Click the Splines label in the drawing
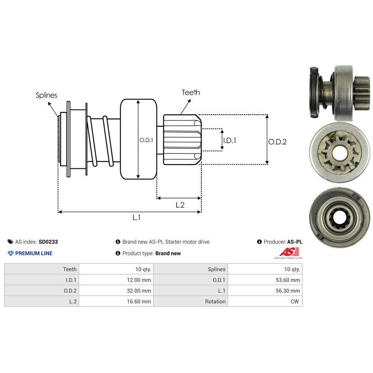47,95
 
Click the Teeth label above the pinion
191,92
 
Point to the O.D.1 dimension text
146,139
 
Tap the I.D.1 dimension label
230,139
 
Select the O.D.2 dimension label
277,142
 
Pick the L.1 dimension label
137,217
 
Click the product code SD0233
48,242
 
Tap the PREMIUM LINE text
34,253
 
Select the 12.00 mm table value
139,280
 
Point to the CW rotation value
296,301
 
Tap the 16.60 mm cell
139,301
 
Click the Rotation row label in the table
215,301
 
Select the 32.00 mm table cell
139,290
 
